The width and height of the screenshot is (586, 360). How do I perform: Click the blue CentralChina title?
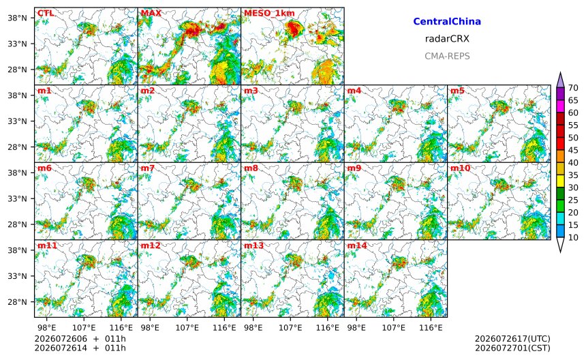tap(447, 21)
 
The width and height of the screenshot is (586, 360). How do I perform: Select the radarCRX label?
tap(447, 38)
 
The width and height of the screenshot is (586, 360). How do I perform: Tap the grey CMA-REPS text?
tap(447, 56)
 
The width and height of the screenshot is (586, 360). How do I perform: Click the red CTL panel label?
tap(46, 13)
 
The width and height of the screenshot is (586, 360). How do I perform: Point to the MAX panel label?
tap(151, 13)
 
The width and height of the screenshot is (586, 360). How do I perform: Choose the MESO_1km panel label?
tap(269, 14)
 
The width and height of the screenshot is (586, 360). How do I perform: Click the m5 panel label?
tap(458, 91)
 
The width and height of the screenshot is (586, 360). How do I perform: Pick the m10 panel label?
tap(460, 168)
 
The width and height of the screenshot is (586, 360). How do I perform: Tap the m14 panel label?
tap(357, 245)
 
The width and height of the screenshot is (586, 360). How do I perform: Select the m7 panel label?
tap(148, 168)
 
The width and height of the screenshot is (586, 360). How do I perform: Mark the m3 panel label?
tap(251, 91)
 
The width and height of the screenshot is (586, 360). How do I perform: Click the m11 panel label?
tap(47, 245)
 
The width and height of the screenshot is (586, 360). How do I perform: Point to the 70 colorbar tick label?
tap(573, 88)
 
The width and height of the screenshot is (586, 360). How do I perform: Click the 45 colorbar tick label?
tap(573, 150)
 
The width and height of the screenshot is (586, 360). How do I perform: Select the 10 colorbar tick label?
tap(573, 237)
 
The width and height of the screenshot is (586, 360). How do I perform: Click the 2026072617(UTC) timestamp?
tap(512, 339)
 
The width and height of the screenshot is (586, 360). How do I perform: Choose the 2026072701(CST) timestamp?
tap(512, 348)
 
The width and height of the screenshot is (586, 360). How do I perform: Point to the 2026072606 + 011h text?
tap(80, 339)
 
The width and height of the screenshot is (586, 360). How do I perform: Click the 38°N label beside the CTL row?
tap(17, 18)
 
